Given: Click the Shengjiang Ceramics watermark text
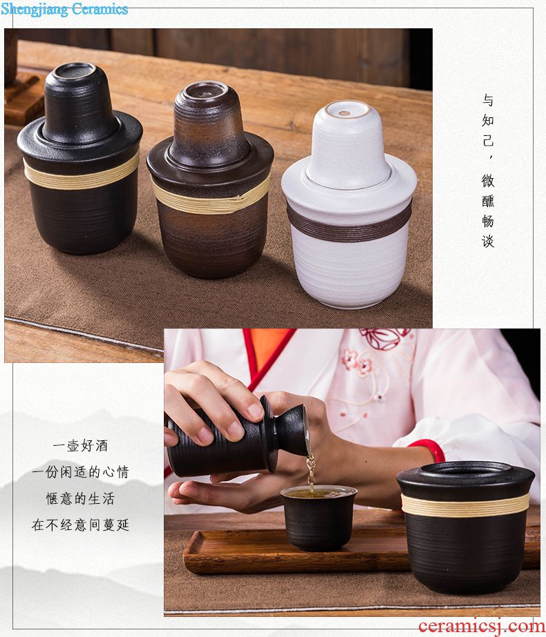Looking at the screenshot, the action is [64, 9].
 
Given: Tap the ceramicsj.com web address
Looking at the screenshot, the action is [481, 626].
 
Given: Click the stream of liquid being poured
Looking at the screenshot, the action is [311, 473].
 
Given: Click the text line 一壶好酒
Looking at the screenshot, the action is [81, 446].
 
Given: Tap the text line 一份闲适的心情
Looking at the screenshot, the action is [81, 472].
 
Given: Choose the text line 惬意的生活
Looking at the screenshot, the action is [81, 498].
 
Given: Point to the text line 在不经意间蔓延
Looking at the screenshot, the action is [81, 525].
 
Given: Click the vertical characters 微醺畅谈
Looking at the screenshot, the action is [488, 211].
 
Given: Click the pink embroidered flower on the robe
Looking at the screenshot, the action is [357, 362].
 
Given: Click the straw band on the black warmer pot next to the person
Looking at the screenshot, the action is [465, 505].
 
